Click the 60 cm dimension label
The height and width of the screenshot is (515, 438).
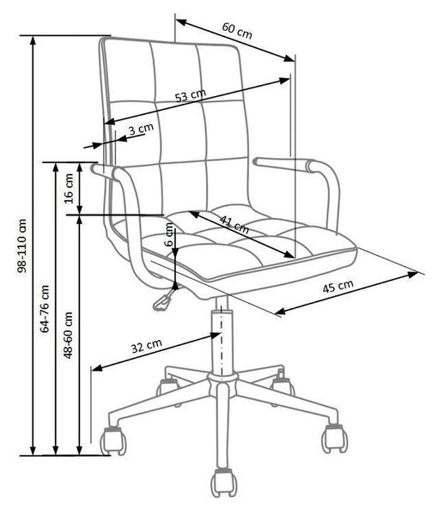pyautogui.click(x=237, y=31)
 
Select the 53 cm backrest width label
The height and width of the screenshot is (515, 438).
pyautogui.click(x=191, y=95)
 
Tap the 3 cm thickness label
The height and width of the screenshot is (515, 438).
pyautogui.click(x=141, y=129)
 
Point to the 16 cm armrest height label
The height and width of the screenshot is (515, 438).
pyautogui.click(x=70, y=189)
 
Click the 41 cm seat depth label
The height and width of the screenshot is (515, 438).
pyautogui.click(x=234, y=224)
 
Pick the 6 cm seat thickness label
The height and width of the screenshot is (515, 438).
pyautogui.click(x=169, y=234)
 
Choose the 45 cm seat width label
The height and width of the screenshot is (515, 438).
pyautogui.click(x=338, y=287)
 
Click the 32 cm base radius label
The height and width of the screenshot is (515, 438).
pyautogui.click(x=147, y=346)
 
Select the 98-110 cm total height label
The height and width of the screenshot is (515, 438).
pyautogui.click(x=22, y=246)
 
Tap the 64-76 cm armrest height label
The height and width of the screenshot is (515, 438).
pyautogui.click(x=45, y=309)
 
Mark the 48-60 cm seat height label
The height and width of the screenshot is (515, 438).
pyautogui.click(x=68, y=335)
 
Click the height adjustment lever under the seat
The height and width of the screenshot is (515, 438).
pyautogui.click(x=164, y=298)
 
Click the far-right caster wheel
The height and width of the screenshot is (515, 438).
pyautogui.click(x=334, y=439)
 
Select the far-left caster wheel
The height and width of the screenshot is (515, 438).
pyautogui.click(x=113, y=440)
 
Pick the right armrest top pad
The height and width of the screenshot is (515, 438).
pyautogui.click(x=285, y=164)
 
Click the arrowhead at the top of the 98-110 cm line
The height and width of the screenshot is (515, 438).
pyautogui.click(x=33, y=40)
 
